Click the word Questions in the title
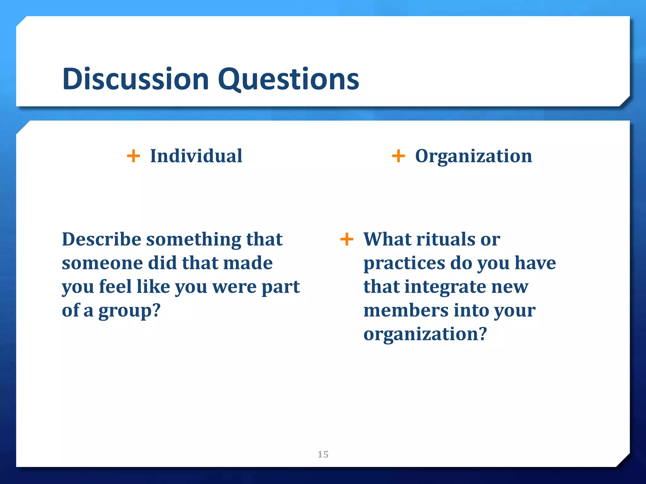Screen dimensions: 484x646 coord(288,79)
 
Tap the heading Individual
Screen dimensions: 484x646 coord(196,156)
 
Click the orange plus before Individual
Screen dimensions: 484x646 coord(133,156)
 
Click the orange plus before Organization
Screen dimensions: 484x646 coord(398,156)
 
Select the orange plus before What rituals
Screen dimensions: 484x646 coord(347,239)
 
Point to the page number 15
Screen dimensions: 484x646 coord(323,454)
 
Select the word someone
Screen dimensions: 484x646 coord(102,263)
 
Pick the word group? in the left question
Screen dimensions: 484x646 coord(129,311)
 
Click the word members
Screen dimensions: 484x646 coord(406,310)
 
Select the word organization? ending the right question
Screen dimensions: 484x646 coord(425,335)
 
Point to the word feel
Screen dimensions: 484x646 coord(115,287)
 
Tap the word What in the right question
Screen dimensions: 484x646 coord(387,239)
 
